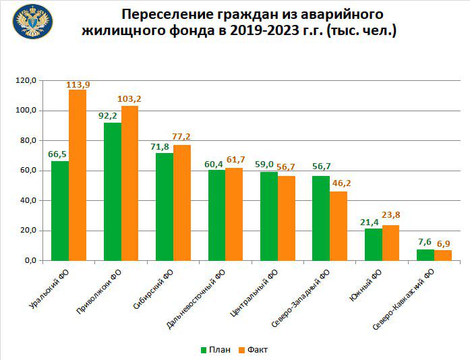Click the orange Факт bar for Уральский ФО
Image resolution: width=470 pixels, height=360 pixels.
tap(77, 175)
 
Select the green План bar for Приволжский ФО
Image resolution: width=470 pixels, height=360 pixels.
tap(112, 191)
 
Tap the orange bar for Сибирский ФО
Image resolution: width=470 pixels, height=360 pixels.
tap(182, 202)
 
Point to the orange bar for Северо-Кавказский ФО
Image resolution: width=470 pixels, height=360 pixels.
tap(442, 255)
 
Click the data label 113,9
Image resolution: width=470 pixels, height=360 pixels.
tap(78, 84)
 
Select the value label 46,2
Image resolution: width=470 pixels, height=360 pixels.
tap(339, 184)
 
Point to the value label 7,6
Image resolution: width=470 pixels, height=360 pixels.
tap(425, 242)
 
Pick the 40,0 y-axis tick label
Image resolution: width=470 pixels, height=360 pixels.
tap(29, 201)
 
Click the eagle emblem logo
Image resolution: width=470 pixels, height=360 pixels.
tap(32, 22)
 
